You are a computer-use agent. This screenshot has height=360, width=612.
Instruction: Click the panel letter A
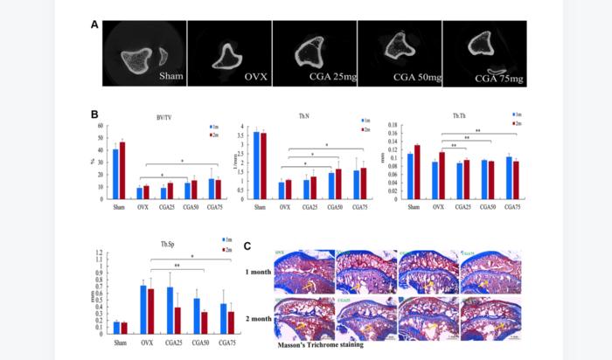pos(94,24)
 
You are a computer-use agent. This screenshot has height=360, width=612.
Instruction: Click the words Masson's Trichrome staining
pos(321,343)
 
